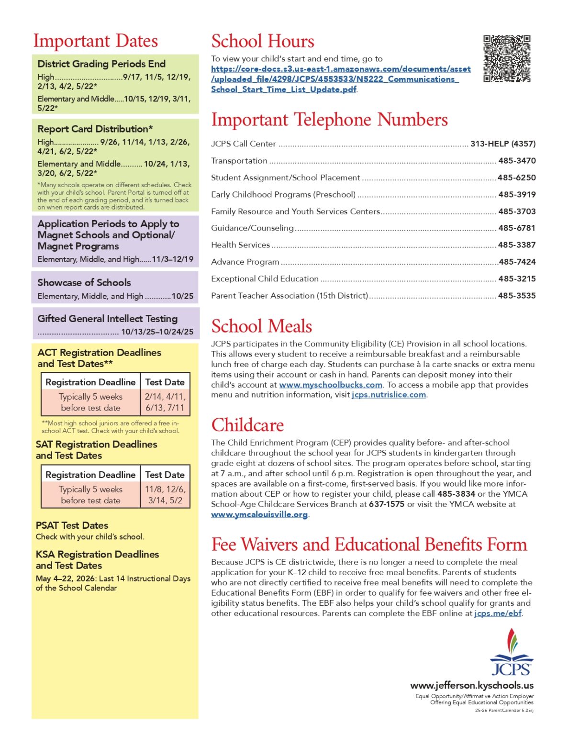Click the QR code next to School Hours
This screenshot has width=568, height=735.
[507, 58]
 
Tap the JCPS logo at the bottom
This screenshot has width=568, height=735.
[512, 653]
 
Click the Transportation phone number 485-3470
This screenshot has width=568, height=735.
[517, 161]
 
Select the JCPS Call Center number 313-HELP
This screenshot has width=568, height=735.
[502, 144]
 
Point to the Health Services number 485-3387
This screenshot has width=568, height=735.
[517, 245]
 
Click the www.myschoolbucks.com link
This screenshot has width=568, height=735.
[330, 385]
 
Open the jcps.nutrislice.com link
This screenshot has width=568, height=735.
[389, 395]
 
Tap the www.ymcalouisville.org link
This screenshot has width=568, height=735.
[259, 514]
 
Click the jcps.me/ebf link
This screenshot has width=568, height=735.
[498, 613]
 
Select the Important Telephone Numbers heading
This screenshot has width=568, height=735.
[329, 120]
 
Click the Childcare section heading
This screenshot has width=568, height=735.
[247, 425]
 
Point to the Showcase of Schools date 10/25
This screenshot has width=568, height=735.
[182, 296]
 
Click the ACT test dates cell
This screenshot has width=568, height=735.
[165, 402]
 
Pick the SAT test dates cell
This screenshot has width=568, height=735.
[165, 495]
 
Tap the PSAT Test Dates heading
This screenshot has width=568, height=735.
[72, 525]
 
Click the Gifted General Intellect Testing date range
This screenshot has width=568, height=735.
[157, 332]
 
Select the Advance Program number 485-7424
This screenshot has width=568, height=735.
[517, 262]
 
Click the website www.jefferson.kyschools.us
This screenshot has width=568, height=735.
[471, 685]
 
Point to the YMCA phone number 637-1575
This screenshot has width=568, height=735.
[386, 504]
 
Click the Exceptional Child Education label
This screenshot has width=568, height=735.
[265, 279]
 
